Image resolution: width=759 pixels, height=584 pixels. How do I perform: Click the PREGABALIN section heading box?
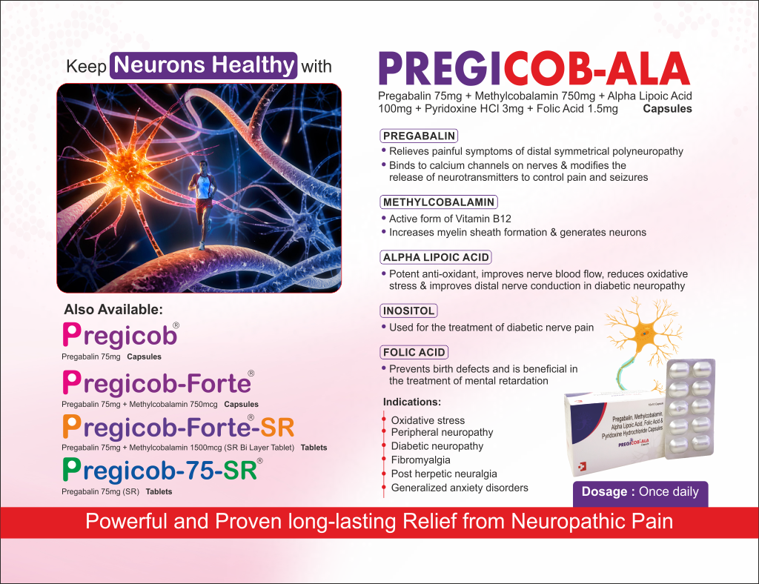[x=419, y=136]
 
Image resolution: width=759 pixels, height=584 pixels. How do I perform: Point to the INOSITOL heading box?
[x=408, y=311]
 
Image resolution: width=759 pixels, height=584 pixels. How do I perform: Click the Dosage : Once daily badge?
[x=640, y=492]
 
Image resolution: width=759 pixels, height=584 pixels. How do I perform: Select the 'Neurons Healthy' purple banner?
[x=204, y=65]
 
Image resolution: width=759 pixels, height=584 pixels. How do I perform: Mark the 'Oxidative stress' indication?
[x=428, y=420]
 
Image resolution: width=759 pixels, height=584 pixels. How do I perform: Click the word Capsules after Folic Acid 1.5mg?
[x=667, y=109]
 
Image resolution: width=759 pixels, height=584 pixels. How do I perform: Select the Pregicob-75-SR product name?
[x=162, y=470]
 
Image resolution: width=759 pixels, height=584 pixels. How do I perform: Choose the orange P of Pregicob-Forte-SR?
[x=71, y=426]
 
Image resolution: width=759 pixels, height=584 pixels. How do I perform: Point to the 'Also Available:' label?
[x=113, y=309]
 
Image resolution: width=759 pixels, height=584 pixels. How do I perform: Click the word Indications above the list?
[x=412, y=402]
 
